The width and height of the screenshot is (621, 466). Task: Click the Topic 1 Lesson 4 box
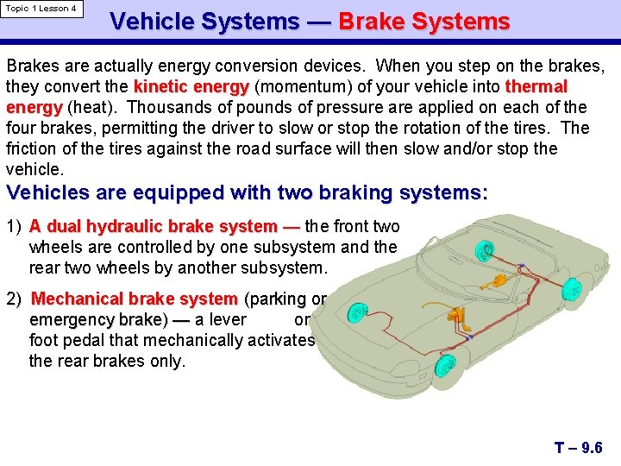point(41,9)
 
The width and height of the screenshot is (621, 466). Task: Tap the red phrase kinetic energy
point(191,87)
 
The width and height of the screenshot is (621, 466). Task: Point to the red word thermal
point(536,87)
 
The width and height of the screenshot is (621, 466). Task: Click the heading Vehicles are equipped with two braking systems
point(247,192)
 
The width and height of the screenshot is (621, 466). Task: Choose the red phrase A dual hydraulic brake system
point(164,227)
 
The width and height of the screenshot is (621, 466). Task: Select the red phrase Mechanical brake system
point(135,299)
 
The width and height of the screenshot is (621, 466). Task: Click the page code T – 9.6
point(578,447)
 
